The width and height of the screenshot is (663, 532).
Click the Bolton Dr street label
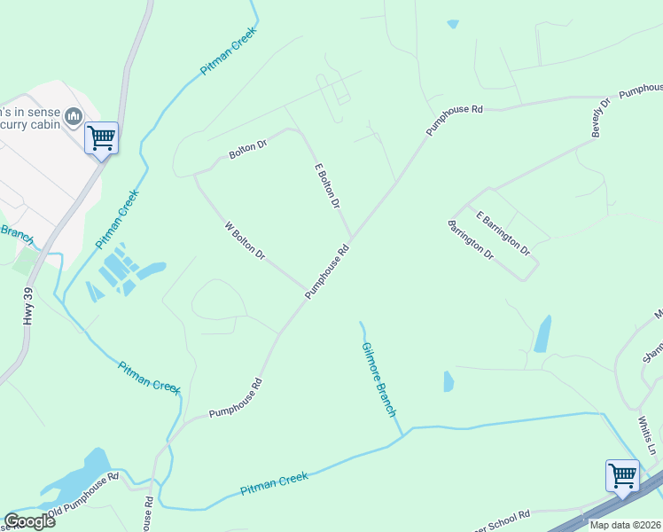(247, 149)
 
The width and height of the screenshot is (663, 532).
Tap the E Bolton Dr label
(327, 185)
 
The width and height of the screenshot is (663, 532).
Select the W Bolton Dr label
(245, 241)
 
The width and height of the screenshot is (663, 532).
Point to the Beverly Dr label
(602, 117)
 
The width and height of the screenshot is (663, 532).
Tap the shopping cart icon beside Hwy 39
(101, 137)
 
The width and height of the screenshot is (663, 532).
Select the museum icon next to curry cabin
(74, 115)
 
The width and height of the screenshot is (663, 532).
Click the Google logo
(29, 521)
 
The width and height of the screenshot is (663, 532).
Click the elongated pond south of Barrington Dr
(542, 334)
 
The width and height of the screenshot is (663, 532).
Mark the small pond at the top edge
(453, 24)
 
